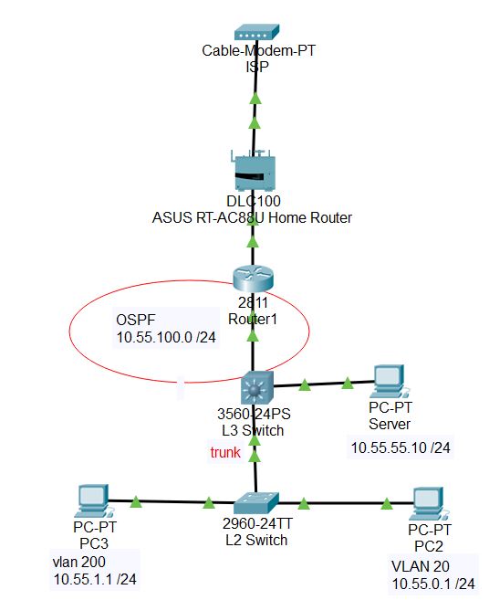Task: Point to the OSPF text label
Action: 133,320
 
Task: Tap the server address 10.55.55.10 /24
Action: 400,447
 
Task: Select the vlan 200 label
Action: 80,562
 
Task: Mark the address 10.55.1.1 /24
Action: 94,579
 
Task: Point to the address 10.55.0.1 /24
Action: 433,583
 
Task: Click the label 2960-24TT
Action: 256,525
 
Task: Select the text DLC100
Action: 253,201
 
